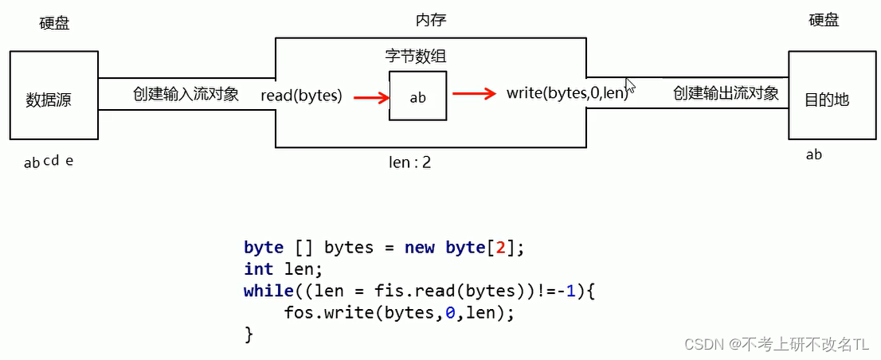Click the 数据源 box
click(54, 96)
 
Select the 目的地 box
click(826, 96)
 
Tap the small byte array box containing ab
click(418, 96)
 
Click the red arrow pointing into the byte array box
click(371, 98)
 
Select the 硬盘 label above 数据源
click(54, 23)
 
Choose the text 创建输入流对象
click(186, 94)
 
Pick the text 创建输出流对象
click(726, 94)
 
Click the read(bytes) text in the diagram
click(301, 96)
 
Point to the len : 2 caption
click(409, 162)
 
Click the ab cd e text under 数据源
click(49, 162)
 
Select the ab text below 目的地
click(813, 155)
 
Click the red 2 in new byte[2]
click(500, 248)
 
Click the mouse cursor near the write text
click(629, 84)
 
